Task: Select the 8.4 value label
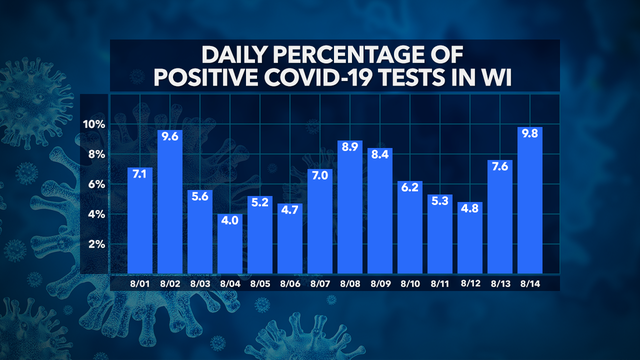379,155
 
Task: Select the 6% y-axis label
95,184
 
